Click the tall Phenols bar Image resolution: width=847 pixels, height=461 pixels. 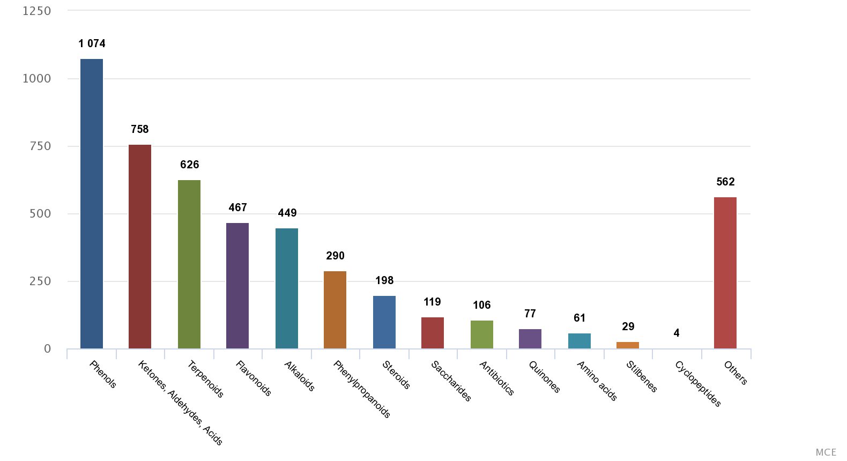[92, 204]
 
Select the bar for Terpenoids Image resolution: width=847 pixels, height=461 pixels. [189, 264]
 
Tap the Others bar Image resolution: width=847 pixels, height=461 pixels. [725, 273]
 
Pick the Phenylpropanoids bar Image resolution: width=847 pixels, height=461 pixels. [335, 310]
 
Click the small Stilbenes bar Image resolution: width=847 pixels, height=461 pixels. [628, 345]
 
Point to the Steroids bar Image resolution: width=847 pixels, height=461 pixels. [384, 322]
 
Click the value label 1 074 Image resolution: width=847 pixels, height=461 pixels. [92, 43]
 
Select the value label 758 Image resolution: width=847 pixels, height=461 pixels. [140, 129]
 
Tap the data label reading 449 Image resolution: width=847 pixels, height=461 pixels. [287, 213]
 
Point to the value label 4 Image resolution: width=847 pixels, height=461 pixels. [677, 333]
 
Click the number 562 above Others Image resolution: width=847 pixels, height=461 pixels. [725, 182]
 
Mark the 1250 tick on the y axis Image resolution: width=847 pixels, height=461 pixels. [36, 11]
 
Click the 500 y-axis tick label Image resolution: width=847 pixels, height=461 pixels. [40, 214]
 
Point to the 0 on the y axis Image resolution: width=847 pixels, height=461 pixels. [47, 349]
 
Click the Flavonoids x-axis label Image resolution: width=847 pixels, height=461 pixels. [254, 378]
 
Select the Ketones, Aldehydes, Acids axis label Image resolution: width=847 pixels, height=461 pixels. [180, 403]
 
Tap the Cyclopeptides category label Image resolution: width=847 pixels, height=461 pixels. [697, 384]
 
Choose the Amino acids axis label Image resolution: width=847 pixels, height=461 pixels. [597, 381]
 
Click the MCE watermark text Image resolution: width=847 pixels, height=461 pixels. [826, 452]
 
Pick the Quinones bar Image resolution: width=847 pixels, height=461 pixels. [530, 339]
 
